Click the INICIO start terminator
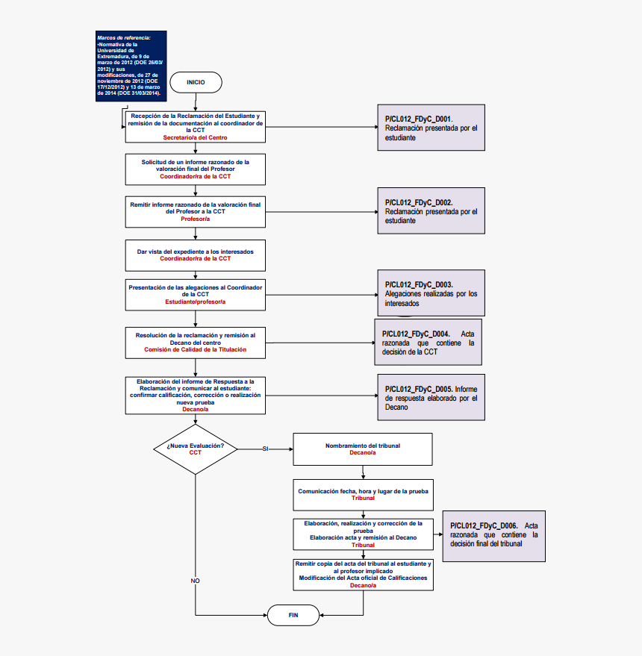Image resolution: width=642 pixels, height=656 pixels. tap(196, 82)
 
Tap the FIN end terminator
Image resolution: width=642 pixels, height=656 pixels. tap(293, 615)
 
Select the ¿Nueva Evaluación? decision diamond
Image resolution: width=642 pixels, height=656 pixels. tap(195, 449)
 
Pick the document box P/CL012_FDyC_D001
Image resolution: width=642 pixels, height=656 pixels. tap(431, 128)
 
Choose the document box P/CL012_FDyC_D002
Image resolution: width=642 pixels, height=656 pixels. tap(431, 211)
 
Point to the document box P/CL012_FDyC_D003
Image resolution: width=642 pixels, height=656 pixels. tap(431, 294)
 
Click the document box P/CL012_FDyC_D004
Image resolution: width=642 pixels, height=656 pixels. tap(428, 342)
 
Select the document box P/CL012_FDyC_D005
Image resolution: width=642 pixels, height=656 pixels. tap(431, 398)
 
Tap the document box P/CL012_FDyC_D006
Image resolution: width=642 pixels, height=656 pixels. tap(493, 534)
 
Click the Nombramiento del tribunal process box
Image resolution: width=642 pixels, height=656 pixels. tap(362, 449)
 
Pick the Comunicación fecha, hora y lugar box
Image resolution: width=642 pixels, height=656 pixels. tap(362, 494)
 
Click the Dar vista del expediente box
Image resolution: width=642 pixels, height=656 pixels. tap(195, 255)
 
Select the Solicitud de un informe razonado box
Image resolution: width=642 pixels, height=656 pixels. tap(195, 169)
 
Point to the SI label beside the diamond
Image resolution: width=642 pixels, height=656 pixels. tap(265, 449)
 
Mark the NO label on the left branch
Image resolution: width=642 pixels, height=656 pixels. tap(195, 580)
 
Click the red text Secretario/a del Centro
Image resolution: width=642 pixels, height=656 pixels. tap(195, 137)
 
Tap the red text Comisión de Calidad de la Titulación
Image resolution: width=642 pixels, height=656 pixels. tap(195, 349)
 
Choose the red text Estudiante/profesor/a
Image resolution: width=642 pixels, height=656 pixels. tap(195, 302)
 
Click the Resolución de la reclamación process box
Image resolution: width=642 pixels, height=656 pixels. tap(195, 342)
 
